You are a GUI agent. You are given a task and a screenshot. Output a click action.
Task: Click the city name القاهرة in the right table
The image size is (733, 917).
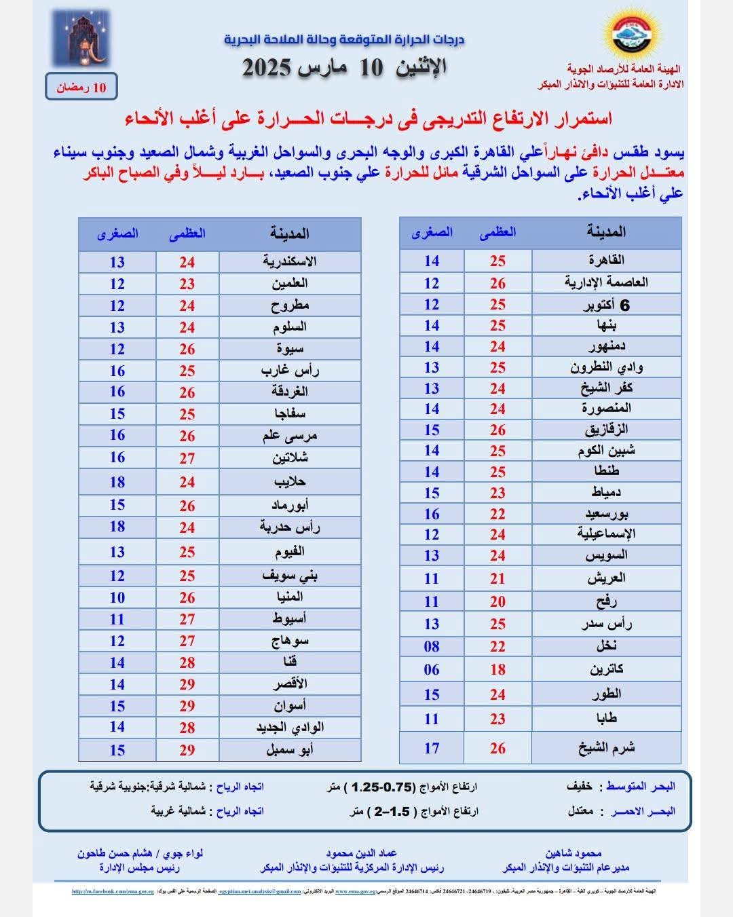606,260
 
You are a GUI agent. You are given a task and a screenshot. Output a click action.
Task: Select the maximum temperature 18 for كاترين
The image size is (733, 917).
497,670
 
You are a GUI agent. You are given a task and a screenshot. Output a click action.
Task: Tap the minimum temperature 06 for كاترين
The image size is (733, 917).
432,670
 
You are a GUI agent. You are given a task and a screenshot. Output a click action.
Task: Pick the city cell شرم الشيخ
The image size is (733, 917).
606,748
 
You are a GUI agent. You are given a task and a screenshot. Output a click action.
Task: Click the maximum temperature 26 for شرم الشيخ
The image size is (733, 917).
497,748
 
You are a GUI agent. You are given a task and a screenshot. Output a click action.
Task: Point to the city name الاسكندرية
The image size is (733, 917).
290,261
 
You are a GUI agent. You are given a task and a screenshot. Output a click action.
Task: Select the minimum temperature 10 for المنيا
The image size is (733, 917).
117,597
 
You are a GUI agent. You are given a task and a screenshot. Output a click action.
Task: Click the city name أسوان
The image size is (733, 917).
290,706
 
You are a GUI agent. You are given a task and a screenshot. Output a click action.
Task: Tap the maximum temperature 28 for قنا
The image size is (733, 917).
187,662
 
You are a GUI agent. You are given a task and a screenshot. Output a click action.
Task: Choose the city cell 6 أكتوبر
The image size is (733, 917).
606,305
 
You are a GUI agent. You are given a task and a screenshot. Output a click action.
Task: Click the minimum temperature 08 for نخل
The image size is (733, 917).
432,646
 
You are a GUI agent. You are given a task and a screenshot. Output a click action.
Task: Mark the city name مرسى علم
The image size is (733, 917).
290,436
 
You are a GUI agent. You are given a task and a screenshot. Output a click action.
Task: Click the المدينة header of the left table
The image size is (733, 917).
290,233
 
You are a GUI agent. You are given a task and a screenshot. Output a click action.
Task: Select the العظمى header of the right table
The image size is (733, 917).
497,232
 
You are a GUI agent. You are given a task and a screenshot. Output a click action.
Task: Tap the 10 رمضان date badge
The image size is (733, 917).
81,88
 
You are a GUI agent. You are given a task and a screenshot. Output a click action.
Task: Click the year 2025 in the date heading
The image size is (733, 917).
267,68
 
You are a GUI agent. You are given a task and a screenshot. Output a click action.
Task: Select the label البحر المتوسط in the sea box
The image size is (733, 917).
640,787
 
